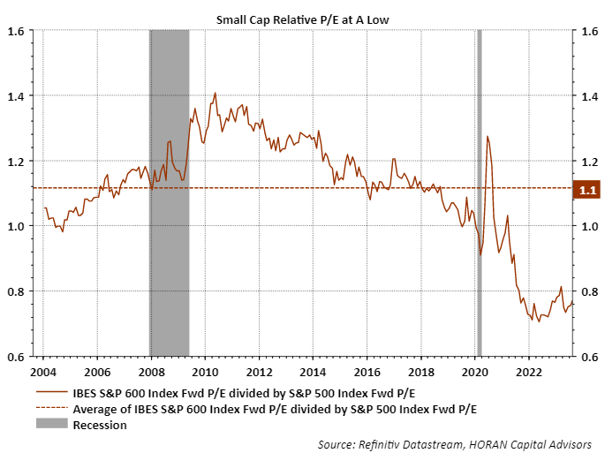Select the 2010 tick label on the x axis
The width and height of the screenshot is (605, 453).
tap(205, 372)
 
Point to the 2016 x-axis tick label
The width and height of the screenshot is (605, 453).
tap(367, 372)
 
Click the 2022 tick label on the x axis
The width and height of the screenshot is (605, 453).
tap(529, 372)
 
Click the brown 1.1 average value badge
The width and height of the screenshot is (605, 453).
tap(587, 188)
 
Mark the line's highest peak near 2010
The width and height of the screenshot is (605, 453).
tap(215, 93)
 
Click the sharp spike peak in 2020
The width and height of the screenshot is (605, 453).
tap(487, 137)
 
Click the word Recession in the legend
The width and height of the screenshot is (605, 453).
tap(100, 425)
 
